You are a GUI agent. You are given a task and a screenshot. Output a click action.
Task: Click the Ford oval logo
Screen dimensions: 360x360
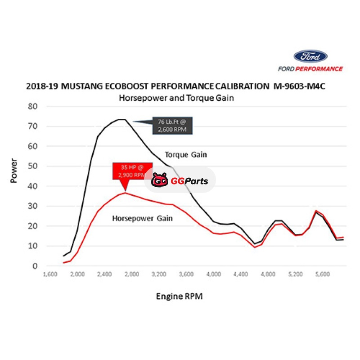[310, 56]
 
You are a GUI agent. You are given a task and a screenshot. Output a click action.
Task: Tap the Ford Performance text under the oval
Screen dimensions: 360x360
[310, 69]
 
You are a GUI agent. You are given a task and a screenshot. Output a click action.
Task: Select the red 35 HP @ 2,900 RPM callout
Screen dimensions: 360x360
[130, 171]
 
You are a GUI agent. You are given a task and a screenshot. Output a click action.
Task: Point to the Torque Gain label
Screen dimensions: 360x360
[185, 155]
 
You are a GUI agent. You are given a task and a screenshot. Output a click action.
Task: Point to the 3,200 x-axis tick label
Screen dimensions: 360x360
[159, 274]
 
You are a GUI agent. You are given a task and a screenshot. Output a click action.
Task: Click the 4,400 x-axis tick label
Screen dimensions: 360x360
[241, 274]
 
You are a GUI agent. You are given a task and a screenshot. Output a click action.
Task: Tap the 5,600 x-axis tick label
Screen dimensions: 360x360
[322, 274]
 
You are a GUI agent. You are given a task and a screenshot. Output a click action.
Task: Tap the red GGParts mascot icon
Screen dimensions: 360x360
[159, 180]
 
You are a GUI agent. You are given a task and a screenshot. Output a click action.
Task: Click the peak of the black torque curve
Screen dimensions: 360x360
[121, 119]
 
